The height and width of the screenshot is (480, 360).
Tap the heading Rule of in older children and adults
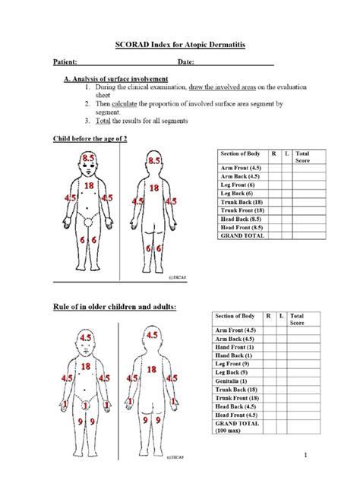pos(114,306)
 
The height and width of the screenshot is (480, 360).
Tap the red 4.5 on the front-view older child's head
pos(89,335)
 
